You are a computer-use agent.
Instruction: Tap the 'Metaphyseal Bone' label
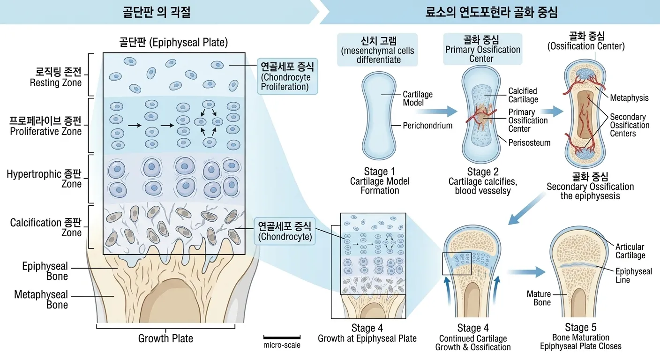pos(41,300)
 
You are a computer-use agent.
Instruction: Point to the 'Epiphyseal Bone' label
pos(45,271)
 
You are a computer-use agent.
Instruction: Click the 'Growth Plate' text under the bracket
pos(165,338)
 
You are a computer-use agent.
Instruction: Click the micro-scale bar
pos(282,337)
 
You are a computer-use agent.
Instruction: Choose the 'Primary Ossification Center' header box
pos(482,49)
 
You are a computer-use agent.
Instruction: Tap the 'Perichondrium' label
pos(427,125)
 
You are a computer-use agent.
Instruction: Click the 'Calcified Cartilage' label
pos(523,95)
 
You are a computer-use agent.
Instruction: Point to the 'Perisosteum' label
pos(529,142)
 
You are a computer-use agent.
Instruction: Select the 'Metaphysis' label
pos(629,98)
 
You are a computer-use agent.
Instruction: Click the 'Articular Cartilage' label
pos(630,251)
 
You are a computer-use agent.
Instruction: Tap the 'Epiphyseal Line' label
pos(633,276)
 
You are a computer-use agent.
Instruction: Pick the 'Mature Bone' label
pos(539,298)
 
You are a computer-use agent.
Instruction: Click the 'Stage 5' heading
pos(580,327)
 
